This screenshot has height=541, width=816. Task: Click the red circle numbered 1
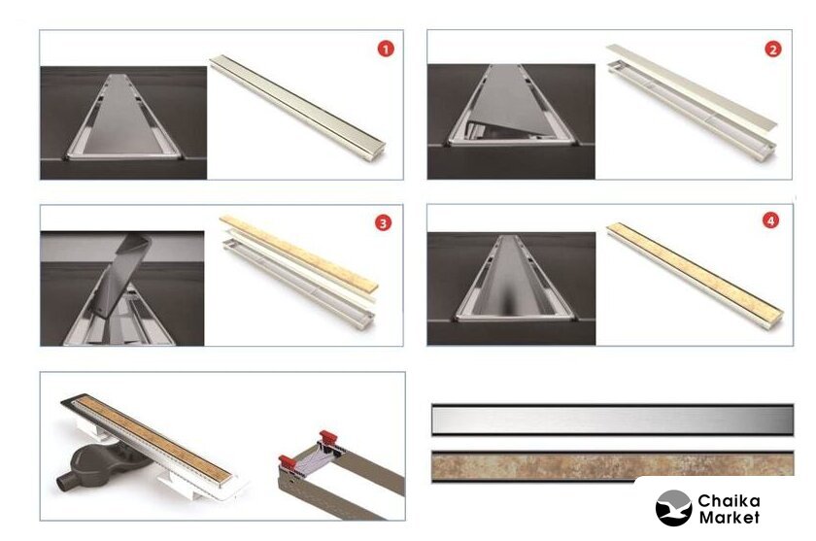coord(386,50)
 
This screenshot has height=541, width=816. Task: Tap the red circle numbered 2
coord(773,50)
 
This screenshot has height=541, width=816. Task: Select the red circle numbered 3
coord(383,223)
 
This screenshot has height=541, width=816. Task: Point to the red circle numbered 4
coord(770,220)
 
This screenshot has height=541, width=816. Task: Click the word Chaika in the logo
coord(729,501)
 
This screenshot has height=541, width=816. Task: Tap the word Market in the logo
coord(729,518)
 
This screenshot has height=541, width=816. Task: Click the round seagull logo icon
coord(673,508)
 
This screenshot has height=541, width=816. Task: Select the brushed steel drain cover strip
coord(613,420)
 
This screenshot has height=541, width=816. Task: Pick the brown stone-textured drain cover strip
coord(613,465)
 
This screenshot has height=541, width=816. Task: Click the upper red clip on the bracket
coord(328,436)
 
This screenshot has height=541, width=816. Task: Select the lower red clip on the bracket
coord(288,460)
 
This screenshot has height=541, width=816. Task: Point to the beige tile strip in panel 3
coord(299,253)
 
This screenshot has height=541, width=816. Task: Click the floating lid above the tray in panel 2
coord(692,86)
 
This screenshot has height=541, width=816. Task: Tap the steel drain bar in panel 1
coord(297,108)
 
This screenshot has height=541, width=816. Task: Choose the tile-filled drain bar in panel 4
coord(696,275)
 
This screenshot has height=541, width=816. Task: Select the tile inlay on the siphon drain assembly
coord(154,438)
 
